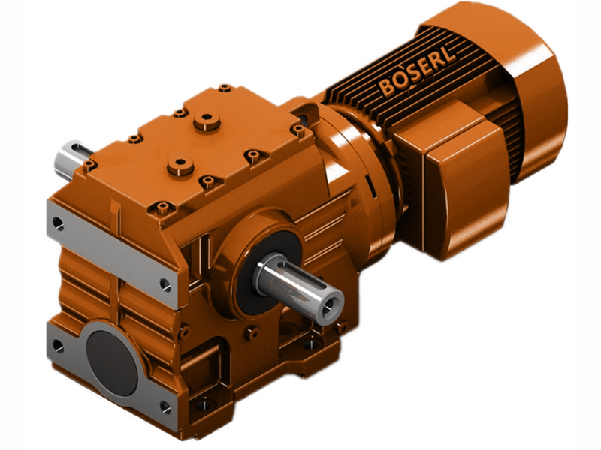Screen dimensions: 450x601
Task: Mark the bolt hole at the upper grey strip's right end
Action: click(165, 284)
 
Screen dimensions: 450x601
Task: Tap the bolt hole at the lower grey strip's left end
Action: click(58, 346)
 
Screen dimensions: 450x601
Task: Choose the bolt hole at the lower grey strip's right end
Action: click(166, 406)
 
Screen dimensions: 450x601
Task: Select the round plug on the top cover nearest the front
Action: click(181, 166)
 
